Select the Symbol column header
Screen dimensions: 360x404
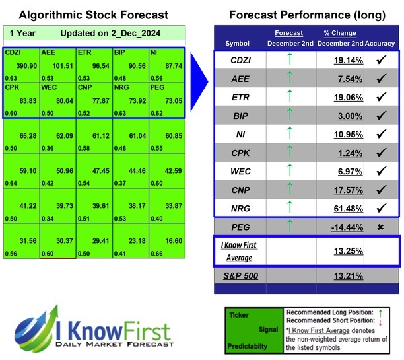(x=238, y=43)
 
